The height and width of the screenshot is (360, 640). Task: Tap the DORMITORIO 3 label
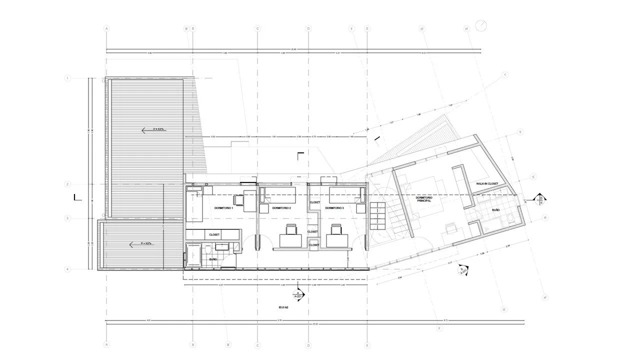(x=334, y=207)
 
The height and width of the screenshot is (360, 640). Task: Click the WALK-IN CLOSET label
(x=487, y=184)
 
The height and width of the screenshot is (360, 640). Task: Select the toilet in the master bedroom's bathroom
(x=509, y=219)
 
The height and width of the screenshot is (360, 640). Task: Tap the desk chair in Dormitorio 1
(x=237, y=200)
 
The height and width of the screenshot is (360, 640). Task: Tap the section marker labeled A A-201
(x=298, y=294)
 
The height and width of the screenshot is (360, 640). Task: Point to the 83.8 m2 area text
(x=284, y=308)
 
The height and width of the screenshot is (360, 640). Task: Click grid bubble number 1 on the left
(x=67, y=78)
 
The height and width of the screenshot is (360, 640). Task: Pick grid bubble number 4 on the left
(x=67, y=269)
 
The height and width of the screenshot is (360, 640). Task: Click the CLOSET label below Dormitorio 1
(x=214, y=234)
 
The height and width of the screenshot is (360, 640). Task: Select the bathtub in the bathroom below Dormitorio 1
(x=192, y=255)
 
